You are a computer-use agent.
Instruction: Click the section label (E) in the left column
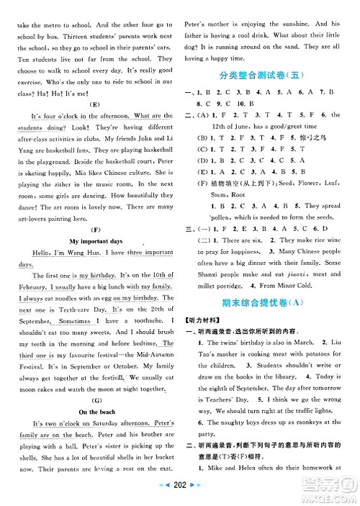[x=94, y=103]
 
